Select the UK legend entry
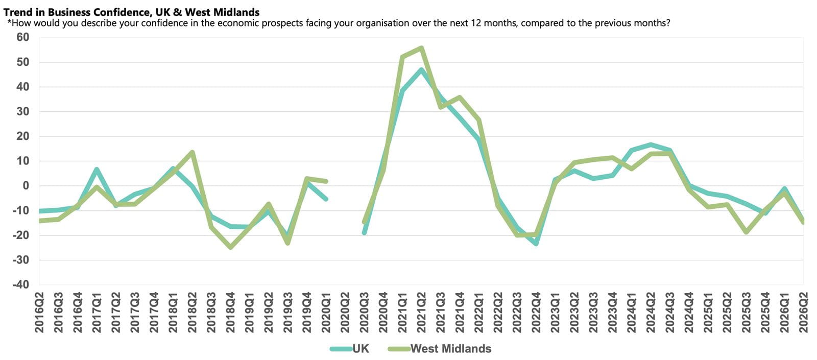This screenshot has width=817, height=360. (x=349, y=349)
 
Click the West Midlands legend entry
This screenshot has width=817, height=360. (x=440, y=349)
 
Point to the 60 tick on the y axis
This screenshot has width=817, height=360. (x=22, y=37)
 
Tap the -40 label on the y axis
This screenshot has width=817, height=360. (x=21, y=284)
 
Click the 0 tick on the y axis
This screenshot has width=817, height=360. (x=26, y=186)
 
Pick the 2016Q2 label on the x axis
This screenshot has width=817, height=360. (x=39, y=313)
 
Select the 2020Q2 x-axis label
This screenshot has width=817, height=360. (x=345, y=313)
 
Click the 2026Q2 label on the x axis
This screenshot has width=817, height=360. (x=804, y=313)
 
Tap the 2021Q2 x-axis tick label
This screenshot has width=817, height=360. (x=421, y=313)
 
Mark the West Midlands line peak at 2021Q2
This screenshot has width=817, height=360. (x=421, y=48)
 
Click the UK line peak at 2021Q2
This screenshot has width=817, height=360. (x=421, y=69)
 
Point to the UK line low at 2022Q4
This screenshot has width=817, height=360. (x=536, y=243)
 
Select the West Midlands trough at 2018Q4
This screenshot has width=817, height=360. (x=230, y=247)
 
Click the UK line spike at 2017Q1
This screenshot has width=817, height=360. (x=97, y=169)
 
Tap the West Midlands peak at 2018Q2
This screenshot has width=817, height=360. (x=192, y=152)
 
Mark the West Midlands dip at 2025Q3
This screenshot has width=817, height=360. (x=746, y=232)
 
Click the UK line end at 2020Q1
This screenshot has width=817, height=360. (x=326, y=199)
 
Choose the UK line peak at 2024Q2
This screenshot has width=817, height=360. (x=651, y=145)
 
